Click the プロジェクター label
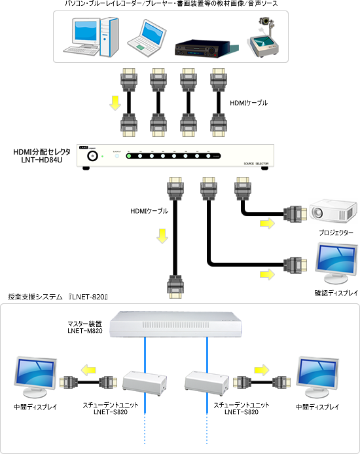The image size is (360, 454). click(336, 233)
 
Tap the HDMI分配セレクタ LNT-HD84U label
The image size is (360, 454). click(42, 155)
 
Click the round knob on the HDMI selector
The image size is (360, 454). click(92, 156)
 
